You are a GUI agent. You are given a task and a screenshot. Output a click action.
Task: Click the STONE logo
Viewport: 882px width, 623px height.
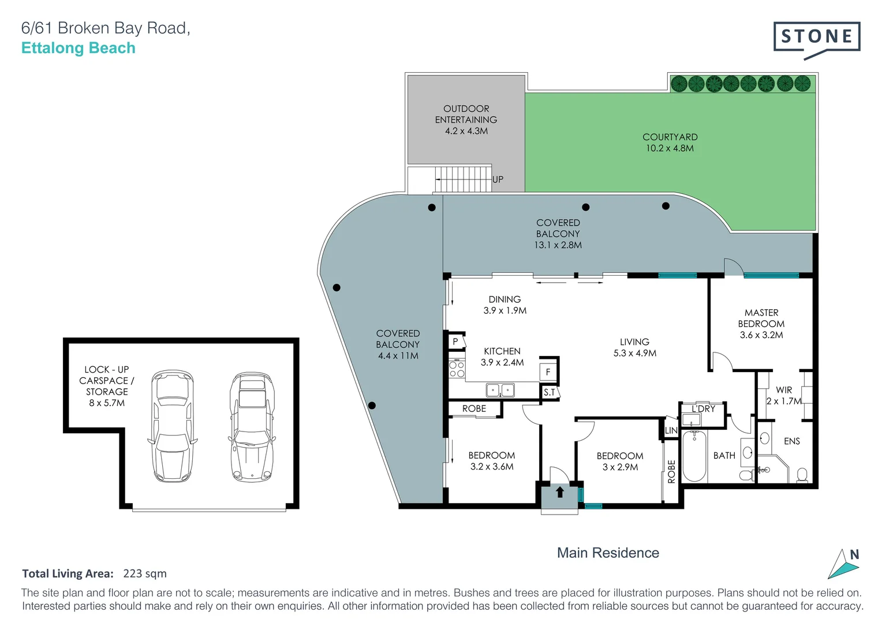816,38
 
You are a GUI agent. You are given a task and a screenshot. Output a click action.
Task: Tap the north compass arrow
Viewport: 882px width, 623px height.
844,565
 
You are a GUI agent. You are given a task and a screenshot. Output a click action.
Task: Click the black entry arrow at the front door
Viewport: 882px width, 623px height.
559,492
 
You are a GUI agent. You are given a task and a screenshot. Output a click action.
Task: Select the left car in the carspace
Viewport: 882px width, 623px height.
172,426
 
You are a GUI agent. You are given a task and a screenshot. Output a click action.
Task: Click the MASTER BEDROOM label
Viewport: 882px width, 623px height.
761,324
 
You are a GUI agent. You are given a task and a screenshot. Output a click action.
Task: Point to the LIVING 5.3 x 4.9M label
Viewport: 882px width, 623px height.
634,347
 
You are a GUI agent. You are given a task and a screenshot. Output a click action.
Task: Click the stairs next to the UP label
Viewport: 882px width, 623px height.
462,179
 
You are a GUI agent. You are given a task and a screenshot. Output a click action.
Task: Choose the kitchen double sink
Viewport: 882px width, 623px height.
500,391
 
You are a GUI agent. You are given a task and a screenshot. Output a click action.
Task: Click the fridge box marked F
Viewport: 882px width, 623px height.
548,372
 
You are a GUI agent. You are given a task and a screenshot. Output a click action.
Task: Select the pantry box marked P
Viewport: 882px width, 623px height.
455,341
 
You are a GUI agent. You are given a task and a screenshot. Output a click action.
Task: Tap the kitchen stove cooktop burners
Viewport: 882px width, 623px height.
457,369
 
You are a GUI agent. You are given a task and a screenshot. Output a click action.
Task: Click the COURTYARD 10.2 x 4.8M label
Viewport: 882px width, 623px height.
670,142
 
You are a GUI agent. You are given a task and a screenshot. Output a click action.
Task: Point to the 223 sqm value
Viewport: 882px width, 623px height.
145,573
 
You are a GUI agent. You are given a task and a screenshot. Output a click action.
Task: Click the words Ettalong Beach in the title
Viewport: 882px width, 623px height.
79,48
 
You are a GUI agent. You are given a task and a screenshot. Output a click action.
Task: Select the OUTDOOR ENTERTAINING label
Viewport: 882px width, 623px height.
466,119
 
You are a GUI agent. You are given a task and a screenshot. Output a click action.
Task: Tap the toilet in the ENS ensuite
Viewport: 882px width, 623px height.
801,475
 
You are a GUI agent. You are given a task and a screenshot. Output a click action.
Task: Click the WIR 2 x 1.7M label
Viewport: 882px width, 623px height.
784,395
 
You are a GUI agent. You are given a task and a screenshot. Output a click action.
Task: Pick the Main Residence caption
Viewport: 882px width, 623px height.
608,553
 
